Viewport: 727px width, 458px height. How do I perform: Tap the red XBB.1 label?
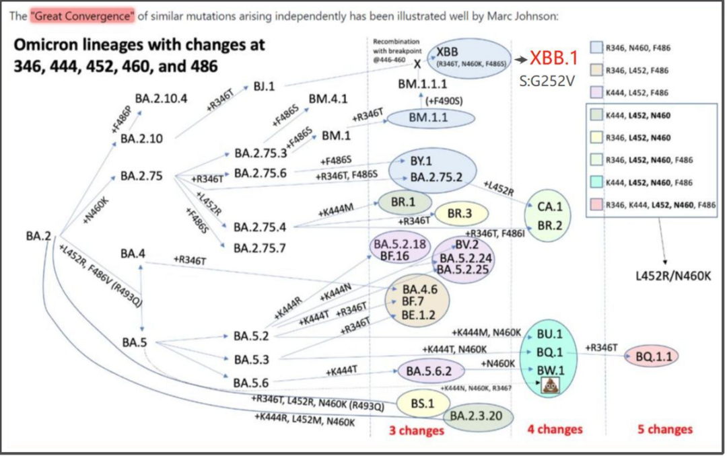point(554,59)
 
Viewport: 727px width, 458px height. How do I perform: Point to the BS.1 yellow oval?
point(422,403)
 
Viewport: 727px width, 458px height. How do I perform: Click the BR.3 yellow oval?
point(461,213)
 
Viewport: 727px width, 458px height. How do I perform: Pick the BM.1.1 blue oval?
point(431,117)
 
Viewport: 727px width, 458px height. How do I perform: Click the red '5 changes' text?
point(664,429)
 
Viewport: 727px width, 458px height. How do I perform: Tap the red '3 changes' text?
point(416,430)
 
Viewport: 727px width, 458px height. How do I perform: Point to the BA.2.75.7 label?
point(260,248)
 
